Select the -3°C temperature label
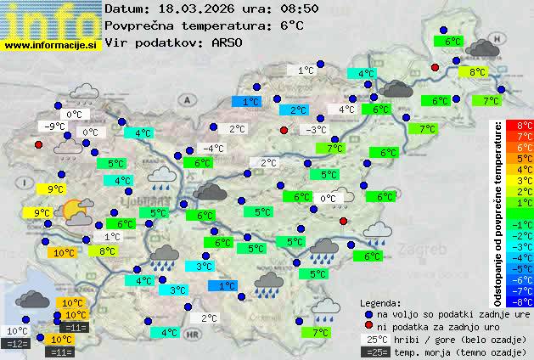(x=316, y=129)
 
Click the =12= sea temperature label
(x=15, y=343)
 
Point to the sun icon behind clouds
(x=76, y=210)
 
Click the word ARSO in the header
(x=229, y=42)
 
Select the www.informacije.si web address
(x=51, y=46)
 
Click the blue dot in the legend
(x=368, y=313)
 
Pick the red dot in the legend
(x=368, y=326)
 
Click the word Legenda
(x=380, y=302)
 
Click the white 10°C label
(x=17, y=331)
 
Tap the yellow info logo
(x=51, y=19)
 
